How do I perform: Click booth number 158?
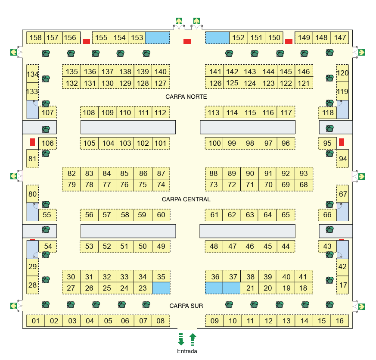[35, 38]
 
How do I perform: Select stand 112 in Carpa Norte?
[161, 113]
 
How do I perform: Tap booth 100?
[214, 143]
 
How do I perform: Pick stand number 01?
[35, 321]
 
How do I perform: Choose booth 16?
[339, 321]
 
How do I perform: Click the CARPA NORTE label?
[186, 97]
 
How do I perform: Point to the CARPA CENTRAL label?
[186, 199]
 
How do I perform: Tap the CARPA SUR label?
[186, 306]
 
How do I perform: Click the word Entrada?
[187, 351]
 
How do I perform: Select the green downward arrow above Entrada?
[181, 339]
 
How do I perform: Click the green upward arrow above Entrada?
[193, 339]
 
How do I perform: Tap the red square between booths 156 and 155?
[86, 41]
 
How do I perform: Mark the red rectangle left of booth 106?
[32, 142]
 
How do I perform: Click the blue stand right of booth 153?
[158, 38]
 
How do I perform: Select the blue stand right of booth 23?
[162, 288]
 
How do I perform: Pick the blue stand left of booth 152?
[217, 38]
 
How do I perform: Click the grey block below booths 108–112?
[128, 127]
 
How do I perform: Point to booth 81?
[32, 158]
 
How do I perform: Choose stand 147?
[340, 38]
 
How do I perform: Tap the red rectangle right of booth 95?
[342, 142]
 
